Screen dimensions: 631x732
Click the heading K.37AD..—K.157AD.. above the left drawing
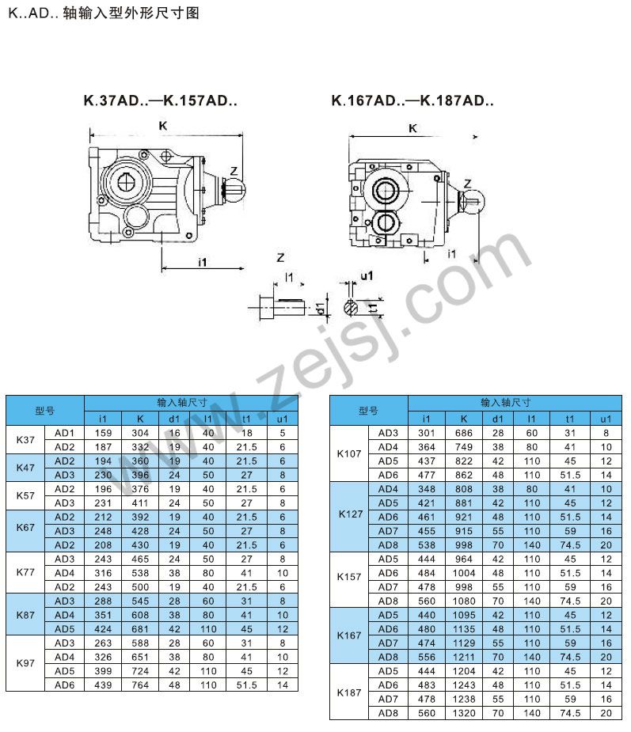[x=160, y=101]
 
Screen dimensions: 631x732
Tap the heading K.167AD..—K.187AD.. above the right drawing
[x=412, y=101]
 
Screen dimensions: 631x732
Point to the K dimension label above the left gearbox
[x=163, y=126]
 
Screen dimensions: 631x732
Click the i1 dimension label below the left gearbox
[x=202, y=263]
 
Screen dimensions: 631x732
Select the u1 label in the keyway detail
[x=367, y=276]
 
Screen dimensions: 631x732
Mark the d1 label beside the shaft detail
[x=320, y=308]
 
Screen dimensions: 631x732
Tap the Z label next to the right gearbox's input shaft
[x=468, y=184]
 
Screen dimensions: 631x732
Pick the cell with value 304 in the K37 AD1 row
[x=140, y=433]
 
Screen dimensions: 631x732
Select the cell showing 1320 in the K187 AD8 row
[x=464, y=713]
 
